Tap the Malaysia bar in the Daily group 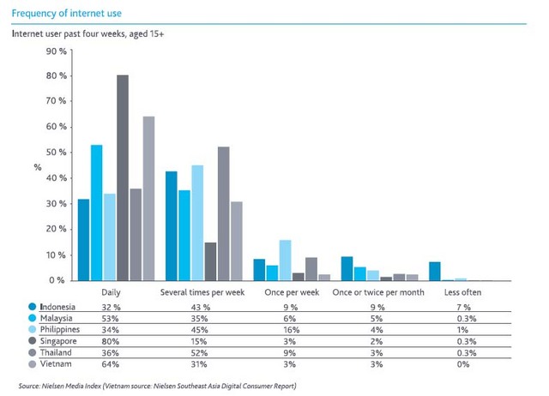[x=97, y=213]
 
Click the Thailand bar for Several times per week [x=223, y=213]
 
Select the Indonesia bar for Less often [x=435, y=271]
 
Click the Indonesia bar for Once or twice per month [x=347, y=268]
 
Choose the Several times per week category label [x=203, y=294]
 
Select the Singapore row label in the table [x=57, y=340]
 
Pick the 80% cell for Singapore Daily [x=110, y=340]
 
